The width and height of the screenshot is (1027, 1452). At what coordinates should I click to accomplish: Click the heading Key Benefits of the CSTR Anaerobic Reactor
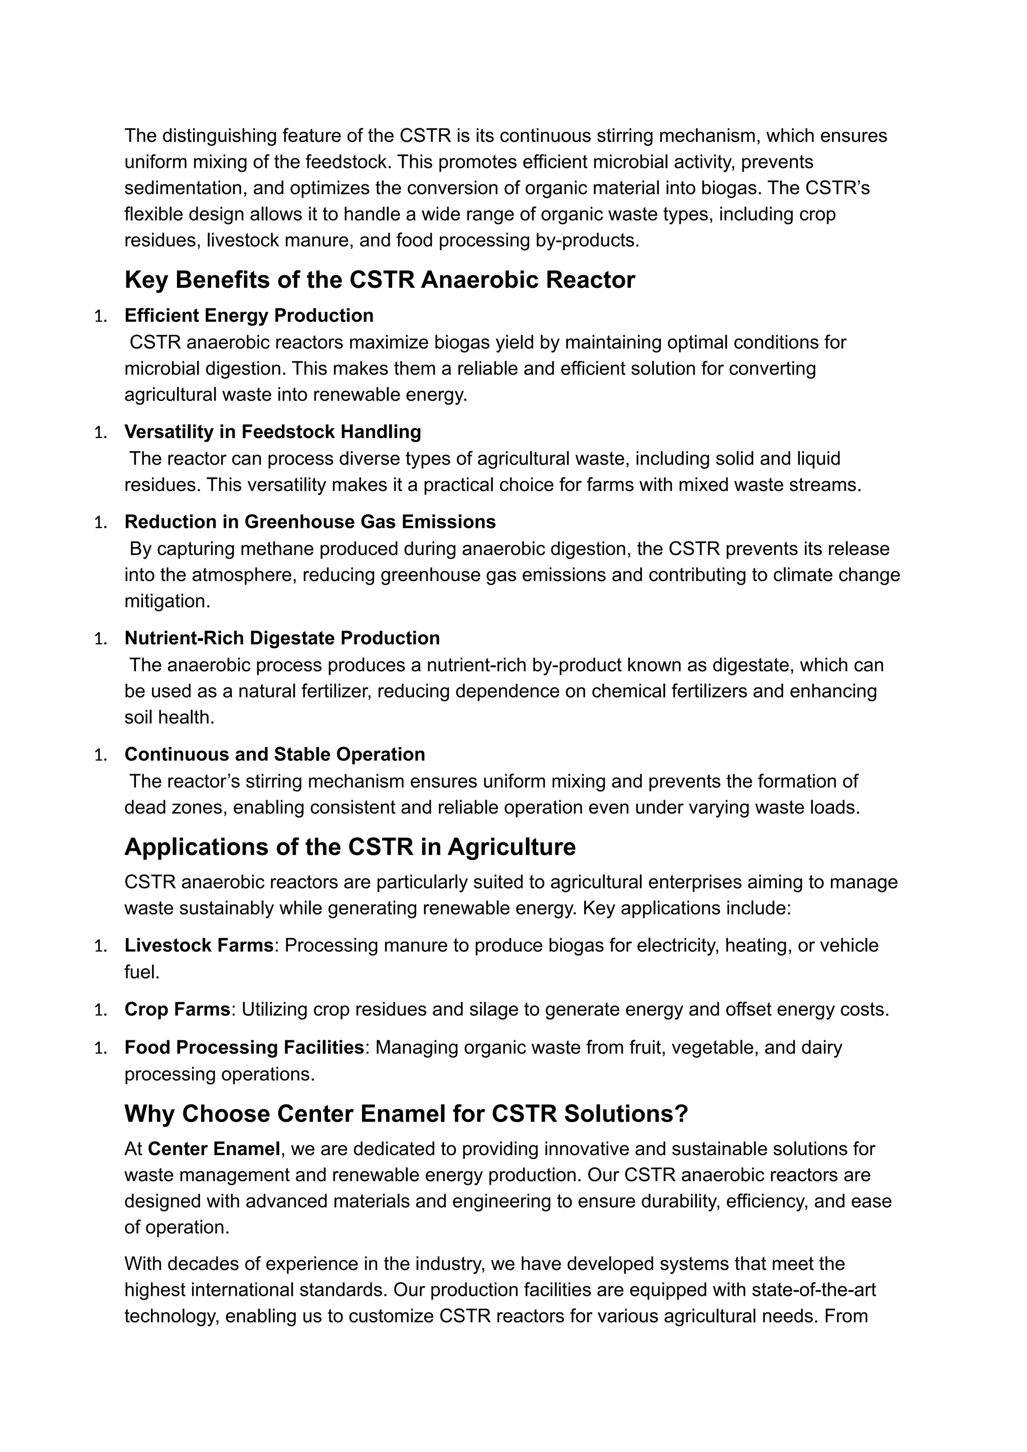380,280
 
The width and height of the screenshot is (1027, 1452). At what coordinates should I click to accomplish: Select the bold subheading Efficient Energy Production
249,315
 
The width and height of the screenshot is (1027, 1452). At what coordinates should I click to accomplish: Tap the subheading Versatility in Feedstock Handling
273,432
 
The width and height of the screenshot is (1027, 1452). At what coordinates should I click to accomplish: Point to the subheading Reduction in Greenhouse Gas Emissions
310,522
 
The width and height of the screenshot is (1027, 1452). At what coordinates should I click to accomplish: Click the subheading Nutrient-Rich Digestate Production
282,638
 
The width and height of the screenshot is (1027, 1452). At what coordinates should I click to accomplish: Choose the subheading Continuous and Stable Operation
274,755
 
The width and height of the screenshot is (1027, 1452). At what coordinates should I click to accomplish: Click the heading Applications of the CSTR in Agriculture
350,847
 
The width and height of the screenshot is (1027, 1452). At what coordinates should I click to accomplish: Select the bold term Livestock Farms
199,946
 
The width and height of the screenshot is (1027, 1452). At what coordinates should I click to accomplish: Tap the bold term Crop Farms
177,1009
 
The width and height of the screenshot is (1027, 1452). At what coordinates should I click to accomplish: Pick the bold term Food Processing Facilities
244,1048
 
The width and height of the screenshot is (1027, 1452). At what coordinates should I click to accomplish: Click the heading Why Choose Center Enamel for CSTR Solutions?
406,1114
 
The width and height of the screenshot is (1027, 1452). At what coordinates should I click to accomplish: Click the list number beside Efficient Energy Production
101,316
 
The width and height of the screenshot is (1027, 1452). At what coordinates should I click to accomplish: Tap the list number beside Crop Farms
101,1010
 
